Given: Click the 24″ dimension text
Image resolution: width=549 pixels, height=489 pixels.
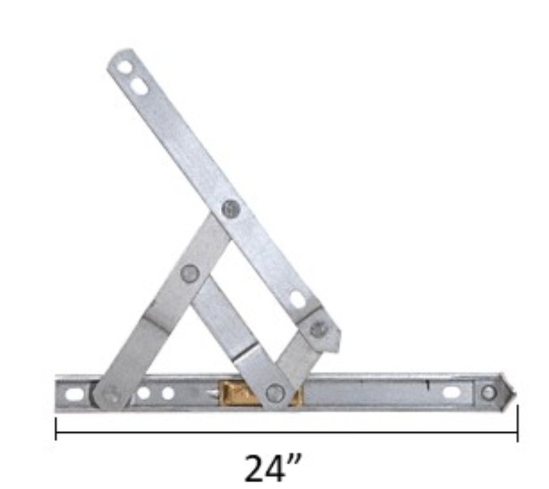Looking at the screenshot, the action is pyautogui.click(x=273, y=468).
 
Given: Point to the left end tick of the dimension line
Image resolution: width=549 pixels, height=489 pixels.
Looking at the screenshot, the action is pyautogui.click(x=56, y=428).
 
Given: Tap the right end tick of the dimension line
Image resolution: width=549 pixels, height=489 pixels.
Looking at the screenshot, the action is pyautogui.click(x=518, y=423).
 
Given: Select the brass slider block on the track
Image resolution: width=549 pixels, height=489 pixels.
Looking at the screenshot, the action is pyautogui.click(x=260, y=393).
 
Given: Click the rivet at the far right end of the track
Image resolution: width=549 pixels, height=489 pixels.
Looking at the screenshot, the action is pyautogui.click(x=488, y=393).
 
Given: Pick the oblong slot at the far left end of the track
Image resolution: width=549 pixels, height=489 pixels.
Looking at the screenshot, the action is pyautogui.click(x=75, y=394).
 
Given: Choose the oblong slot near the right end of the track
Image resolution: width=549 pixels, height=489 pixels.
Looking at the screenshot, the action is pyautogui.click(x=451, y=393).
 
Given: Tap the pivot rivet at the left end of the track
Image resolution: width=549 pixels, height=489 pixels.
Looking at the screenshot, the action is pyautogui.click(x=111, y=394).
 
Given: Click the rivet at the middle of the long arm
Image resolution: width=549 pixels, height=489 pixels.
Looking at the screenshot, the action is pyautogui.click(x=231, y=209).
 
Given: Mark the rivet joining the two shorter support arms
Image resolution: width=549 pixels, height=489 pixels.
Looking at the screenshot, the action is pyautogui.click(x=190, y=274).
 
